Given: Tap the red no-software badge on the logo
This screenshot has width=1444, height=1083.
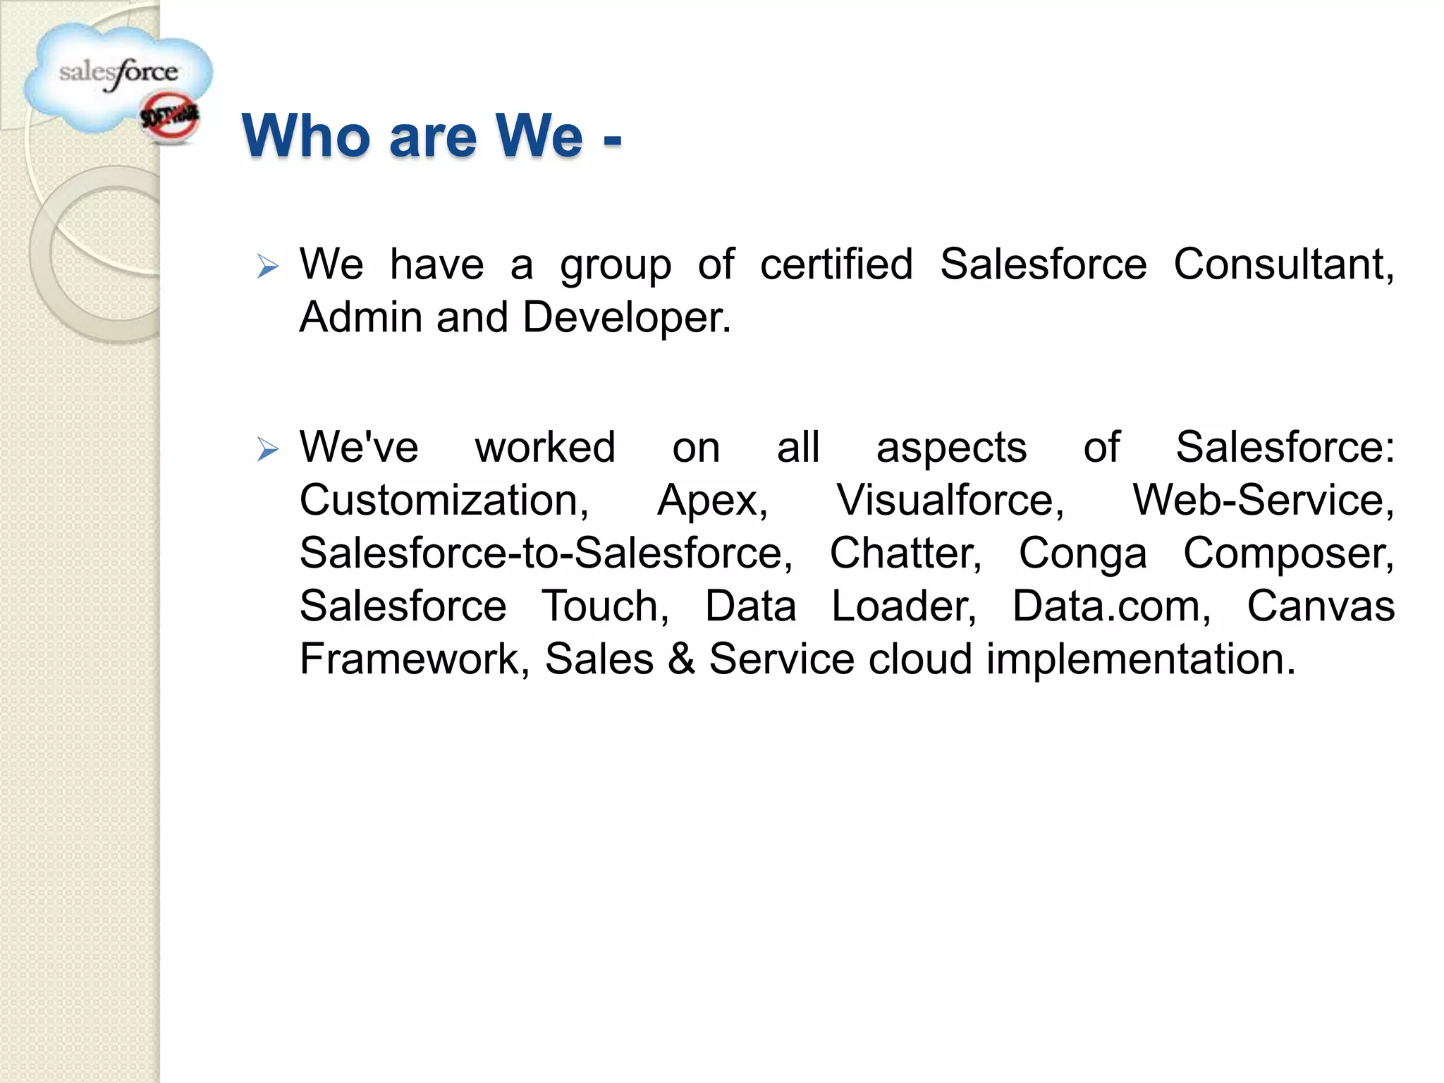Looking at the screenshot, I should coord(170,118).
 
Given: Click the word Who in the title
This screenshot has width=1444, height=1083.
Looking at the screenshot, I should coord(305,135).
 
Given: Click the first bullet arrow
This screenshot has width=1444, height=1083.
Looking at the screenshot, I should coord(268,267).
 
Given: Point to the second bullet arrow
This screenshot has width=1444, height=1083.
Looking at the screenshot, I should coord(268,448).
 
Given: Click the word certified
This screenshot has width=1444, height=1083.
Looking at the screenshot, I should coord(836,265).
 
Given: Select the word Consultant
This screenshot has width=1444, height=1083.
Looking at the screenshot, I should coord(1283,265).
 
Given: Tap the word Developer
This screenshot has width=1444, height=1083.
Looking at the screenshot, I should coord(626,318).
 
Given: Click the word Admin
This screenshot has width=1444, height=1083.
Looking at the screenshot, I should coord(359,318).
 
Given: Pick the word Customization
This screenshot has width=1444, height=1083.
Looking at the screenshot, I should coord(443,501).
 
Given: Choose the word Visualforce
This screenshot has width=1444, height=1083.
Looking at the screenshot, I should coord(950,501).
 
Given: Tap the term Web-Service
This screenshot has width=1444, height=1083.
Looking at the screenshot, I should coord(1263,501).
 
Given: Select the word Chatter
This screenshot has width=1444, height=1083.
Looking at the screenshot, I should coord(905,553).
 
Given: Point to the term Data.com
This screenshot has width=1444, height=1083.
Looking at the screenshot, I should coord(1111,606).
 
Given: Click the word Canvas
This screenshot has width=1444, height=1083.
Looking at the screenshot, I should coord(1321,606).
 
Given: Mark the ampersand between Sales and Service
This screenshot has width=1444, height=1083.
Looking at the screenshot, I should coord(681,659).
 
